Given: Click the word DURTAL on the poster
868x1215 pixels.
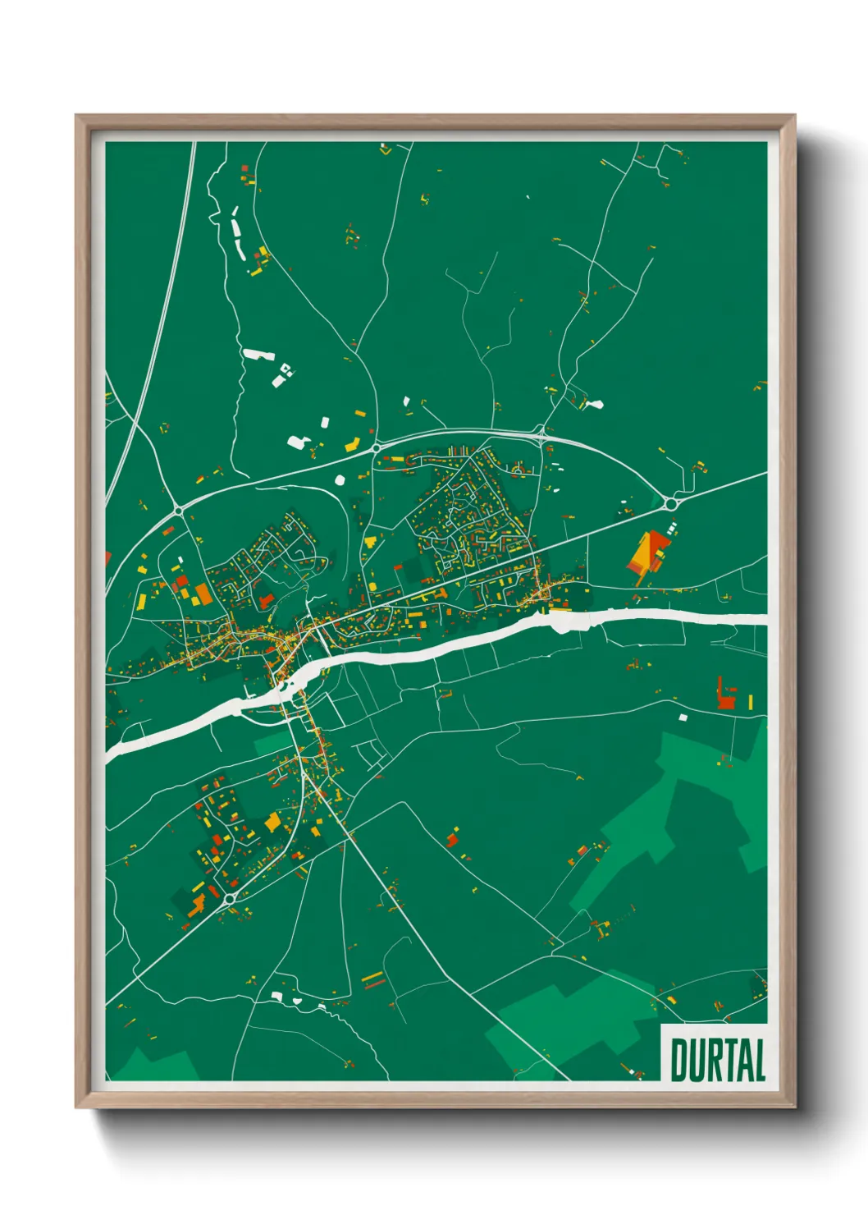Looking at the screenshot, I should coord(718,1060).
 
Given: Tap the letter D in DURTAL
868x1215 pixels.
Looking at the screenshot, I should coord(678,1060).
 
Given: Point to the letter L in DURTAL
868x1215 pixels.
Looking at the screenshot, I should coord(759,1060).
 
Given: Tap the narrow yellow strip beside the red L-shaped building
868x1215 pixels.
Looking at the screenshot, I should coord(750,702).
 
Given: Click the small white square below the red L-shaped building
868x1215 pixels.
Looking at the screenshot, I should coord(683,718).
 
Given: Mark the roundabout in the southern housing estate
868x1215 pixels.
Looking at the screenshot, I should coord(230,900).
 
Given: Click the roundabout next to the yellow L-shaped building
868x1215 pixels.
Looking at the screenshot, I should coord(377,447).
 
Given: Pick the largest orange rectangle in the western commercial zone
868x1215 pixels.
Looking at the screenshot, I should coord(202,594).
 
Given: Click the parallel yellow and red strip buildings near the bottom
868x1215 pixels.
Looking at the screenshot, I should coord(373,979).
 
